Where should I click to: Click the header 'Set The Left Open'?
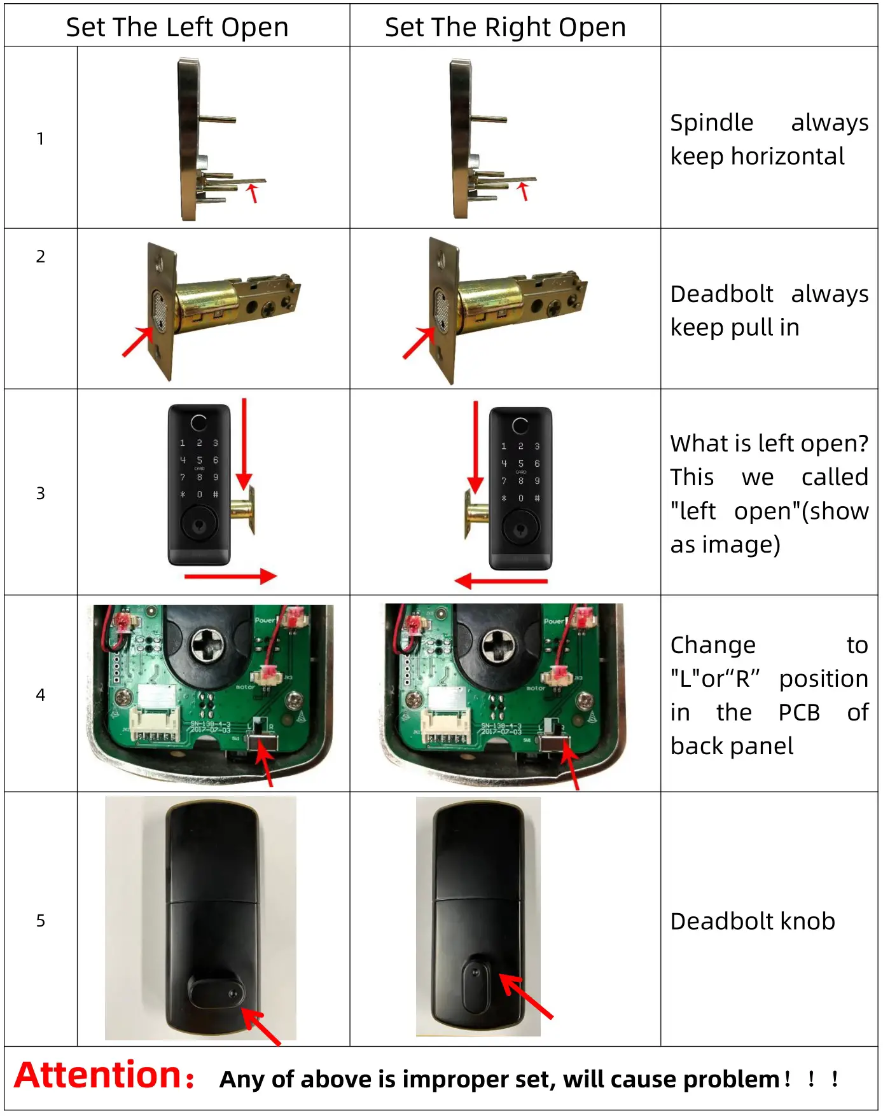pos(177,27)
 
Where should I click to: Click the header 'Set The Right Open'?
pos(505,27)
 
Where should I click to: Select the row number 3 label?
pos(41,493)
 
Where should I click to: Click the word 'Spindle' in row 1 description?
pos(711,123)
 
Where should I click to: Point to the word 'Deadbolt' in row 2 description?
pos(721,294)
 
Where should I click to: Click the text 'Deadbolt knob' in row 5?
pos(752,921)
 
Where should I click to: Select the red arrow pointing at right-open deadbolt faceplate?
pos(418,343)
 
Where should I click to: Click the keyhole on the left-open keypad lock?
pos(199,525)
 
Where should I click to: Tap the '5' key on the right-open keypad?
pos(520,464)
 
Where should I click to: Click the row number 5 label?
pos(41,921)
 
